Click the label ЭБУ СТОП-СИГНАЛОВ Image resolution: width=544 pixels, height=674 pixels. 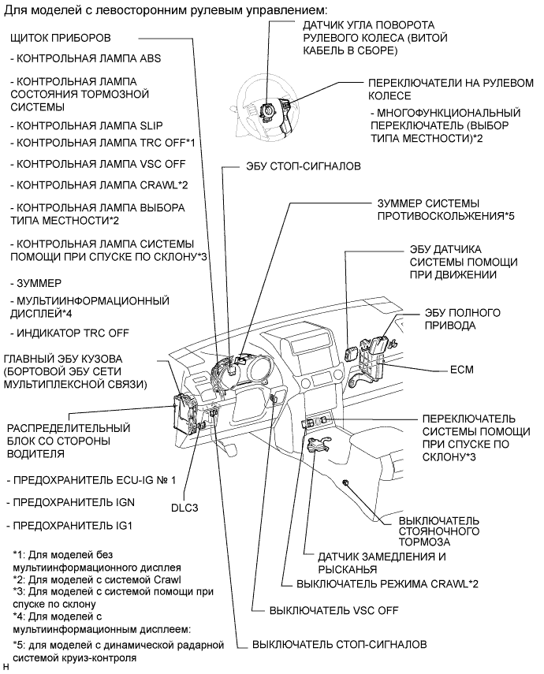pos(292,167)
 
